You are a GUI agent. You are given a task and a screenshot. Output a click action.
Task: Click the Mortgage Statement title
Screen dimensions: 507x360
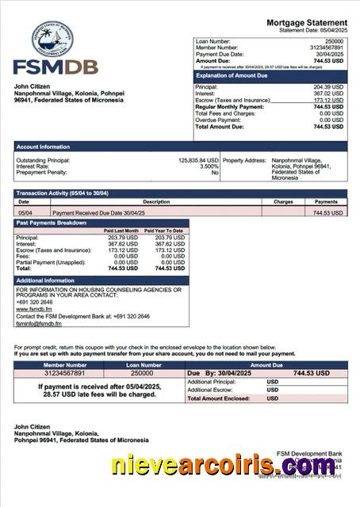point(306,22)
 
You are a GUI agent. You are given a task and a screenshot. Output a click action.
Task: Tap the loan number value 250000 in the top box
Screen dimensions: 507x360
point(334,40)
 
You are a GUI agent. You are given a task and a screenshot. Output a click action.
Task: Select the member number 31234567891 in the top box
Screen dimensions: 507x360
point(325,48)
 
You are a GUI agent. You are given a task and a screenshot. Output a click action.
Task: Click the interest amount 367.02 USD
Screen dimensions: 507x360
point(327,93)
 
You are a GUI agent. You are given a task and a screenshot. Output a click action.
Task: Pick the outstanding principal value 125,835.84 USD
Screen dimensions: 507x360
point(197,160)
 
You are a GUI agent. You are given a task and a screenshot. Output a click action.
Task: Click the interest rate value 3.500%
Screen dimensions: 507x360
point(209,166)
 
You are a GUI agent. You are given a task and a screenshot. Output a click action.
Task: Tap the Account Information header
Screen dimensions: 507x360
point(43,147)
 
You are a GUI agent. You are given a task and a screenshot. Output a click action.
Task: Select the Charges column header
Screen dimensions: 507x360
point(283,202)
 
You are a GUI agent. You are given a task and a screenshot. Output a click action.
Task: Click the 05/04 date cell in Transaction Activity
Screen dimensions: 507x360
point(25,212)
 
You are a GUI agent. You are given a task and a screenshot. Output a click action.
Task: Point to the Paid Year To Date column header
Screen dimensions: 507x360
point(163,231)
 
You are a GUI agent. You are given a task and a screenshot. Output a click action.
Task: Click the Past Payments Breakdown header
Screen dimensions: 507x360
point(52,223)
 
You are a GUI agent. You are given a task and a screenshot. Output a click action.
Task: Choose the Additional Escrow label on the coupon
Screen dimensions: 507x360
point(209,390)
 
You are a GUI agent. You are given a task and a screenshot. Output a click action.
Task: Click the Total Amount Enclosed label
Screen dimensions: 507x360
point(221,398)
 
